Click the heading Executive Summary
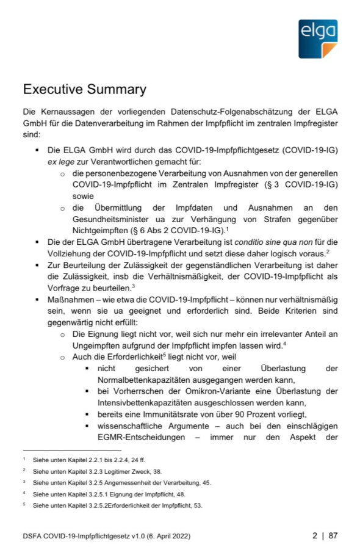(84, 90)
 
